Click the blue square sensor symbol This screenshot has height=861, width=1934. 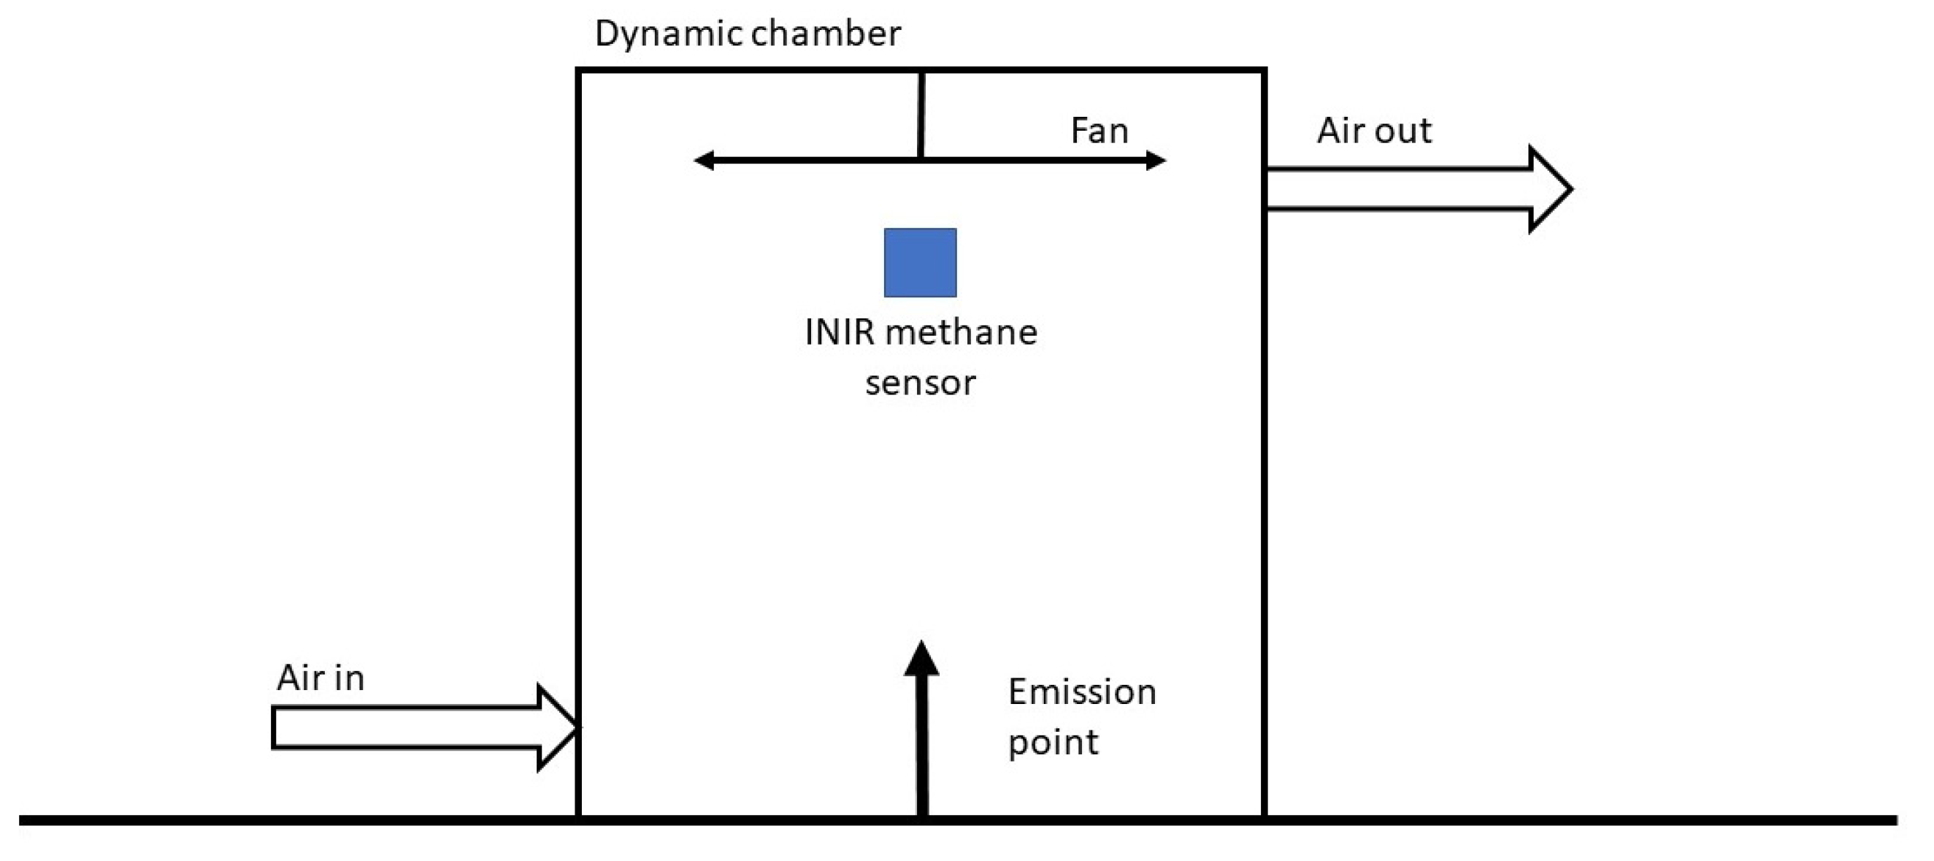pos(920,263)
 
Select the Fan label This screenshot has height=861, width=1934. pos(1098,131)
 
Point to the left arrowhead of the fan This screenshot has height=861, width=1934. pos(704,160)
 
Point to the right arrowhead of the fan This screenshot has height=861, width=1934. pos(1156,160)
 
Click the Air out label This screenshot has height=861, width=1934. pos(1374,131)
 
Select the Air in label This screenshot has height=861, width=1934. pos(321,678)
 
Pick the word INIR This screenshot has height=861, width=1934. pos(839,332)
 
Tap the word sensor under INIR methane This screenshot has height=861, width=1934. pos(920,383)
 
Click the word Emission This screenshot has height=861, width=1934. pos(1081,692)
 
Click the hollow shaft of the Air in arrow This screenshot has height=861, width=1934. pos(405,727)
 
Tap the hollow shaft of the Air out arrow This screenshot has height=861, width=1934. pos(1397,189)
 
